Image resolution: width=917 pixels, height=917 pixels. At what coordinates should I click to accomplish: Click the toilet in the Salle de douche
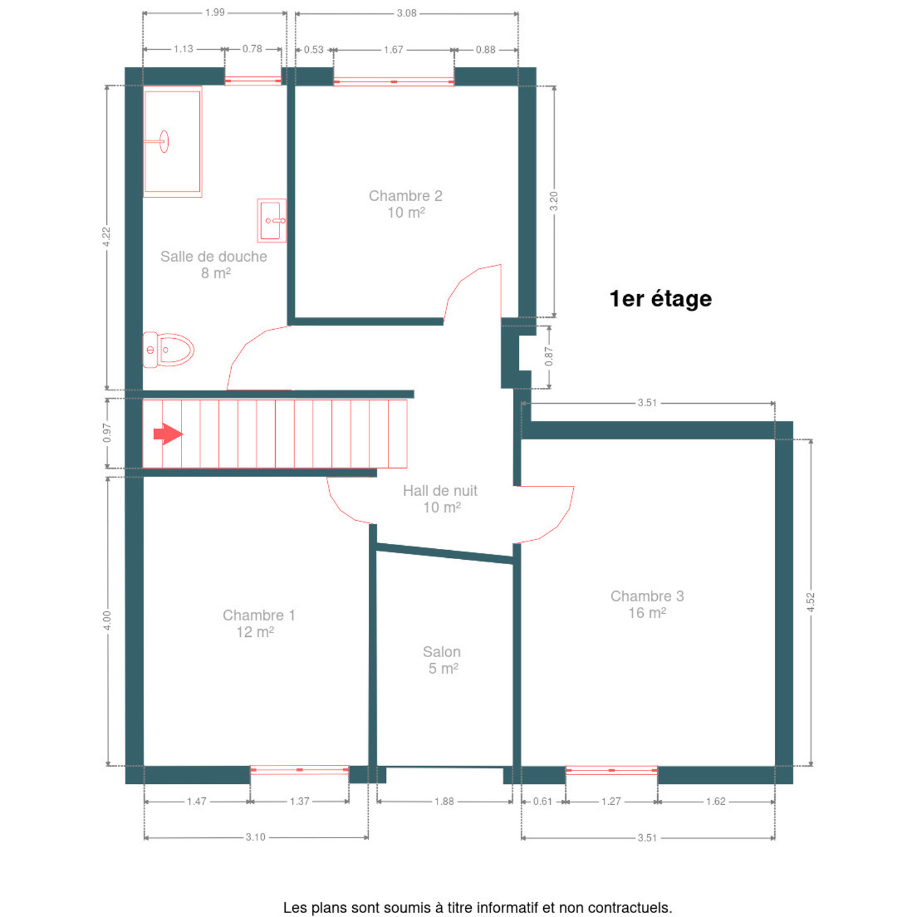[168, 350]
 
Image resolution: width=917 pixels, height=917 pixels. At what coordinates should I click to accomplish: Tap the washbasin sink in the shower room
[272, 220]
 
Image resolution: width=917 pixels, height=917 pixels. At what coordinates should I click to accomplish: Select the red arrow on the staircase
[168, 434]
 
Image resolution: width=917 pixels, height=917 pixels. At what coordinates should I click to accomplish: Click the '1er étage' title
[660, 299]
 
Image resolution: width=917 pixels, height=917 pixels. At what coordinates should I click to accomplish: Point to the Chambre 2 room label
[406, 204]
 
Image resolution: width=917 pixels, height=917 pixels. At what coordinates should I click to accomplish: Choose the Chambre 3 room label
[647, 604]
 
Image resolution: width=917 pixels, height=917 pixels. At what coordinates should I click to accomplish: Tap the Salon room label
[441, 660]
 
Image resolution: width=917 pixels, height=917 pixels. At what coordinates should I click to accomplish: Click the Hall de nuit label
[440, 499]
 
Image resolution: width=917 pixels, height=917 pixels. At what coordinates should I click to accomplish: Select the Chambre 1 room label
[259, 623]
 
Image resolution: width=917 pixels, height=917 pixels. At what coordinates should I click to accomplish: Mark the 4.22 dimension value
[106, 236]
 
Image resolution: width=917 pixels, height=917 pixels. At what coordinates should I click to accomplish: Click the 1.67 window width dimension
[393, 50]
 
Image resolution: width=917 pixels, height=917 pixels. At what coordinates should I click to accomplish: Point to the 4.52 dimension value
[811, 602]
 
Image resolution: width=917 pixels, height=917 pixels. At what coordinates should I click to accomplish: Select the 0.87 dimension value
[549, 356]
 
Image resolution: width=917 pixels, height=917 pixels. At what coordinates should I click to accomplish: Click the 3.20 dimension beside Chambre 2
[553, 201]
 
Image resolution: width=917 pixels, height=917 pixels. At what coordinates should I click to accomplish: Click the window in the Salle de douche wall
[253, 81]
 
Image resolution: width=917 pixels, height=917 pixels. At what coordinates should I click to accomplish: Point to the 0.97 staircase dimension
[106, 432]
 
